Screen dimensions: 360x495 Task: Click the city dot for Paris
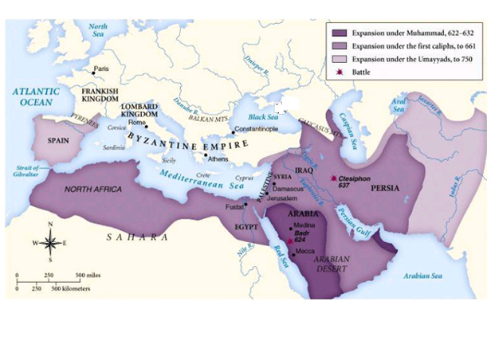tap(93, 70)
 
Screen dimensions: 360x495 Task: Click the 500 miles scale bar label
tap(88, 275)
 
